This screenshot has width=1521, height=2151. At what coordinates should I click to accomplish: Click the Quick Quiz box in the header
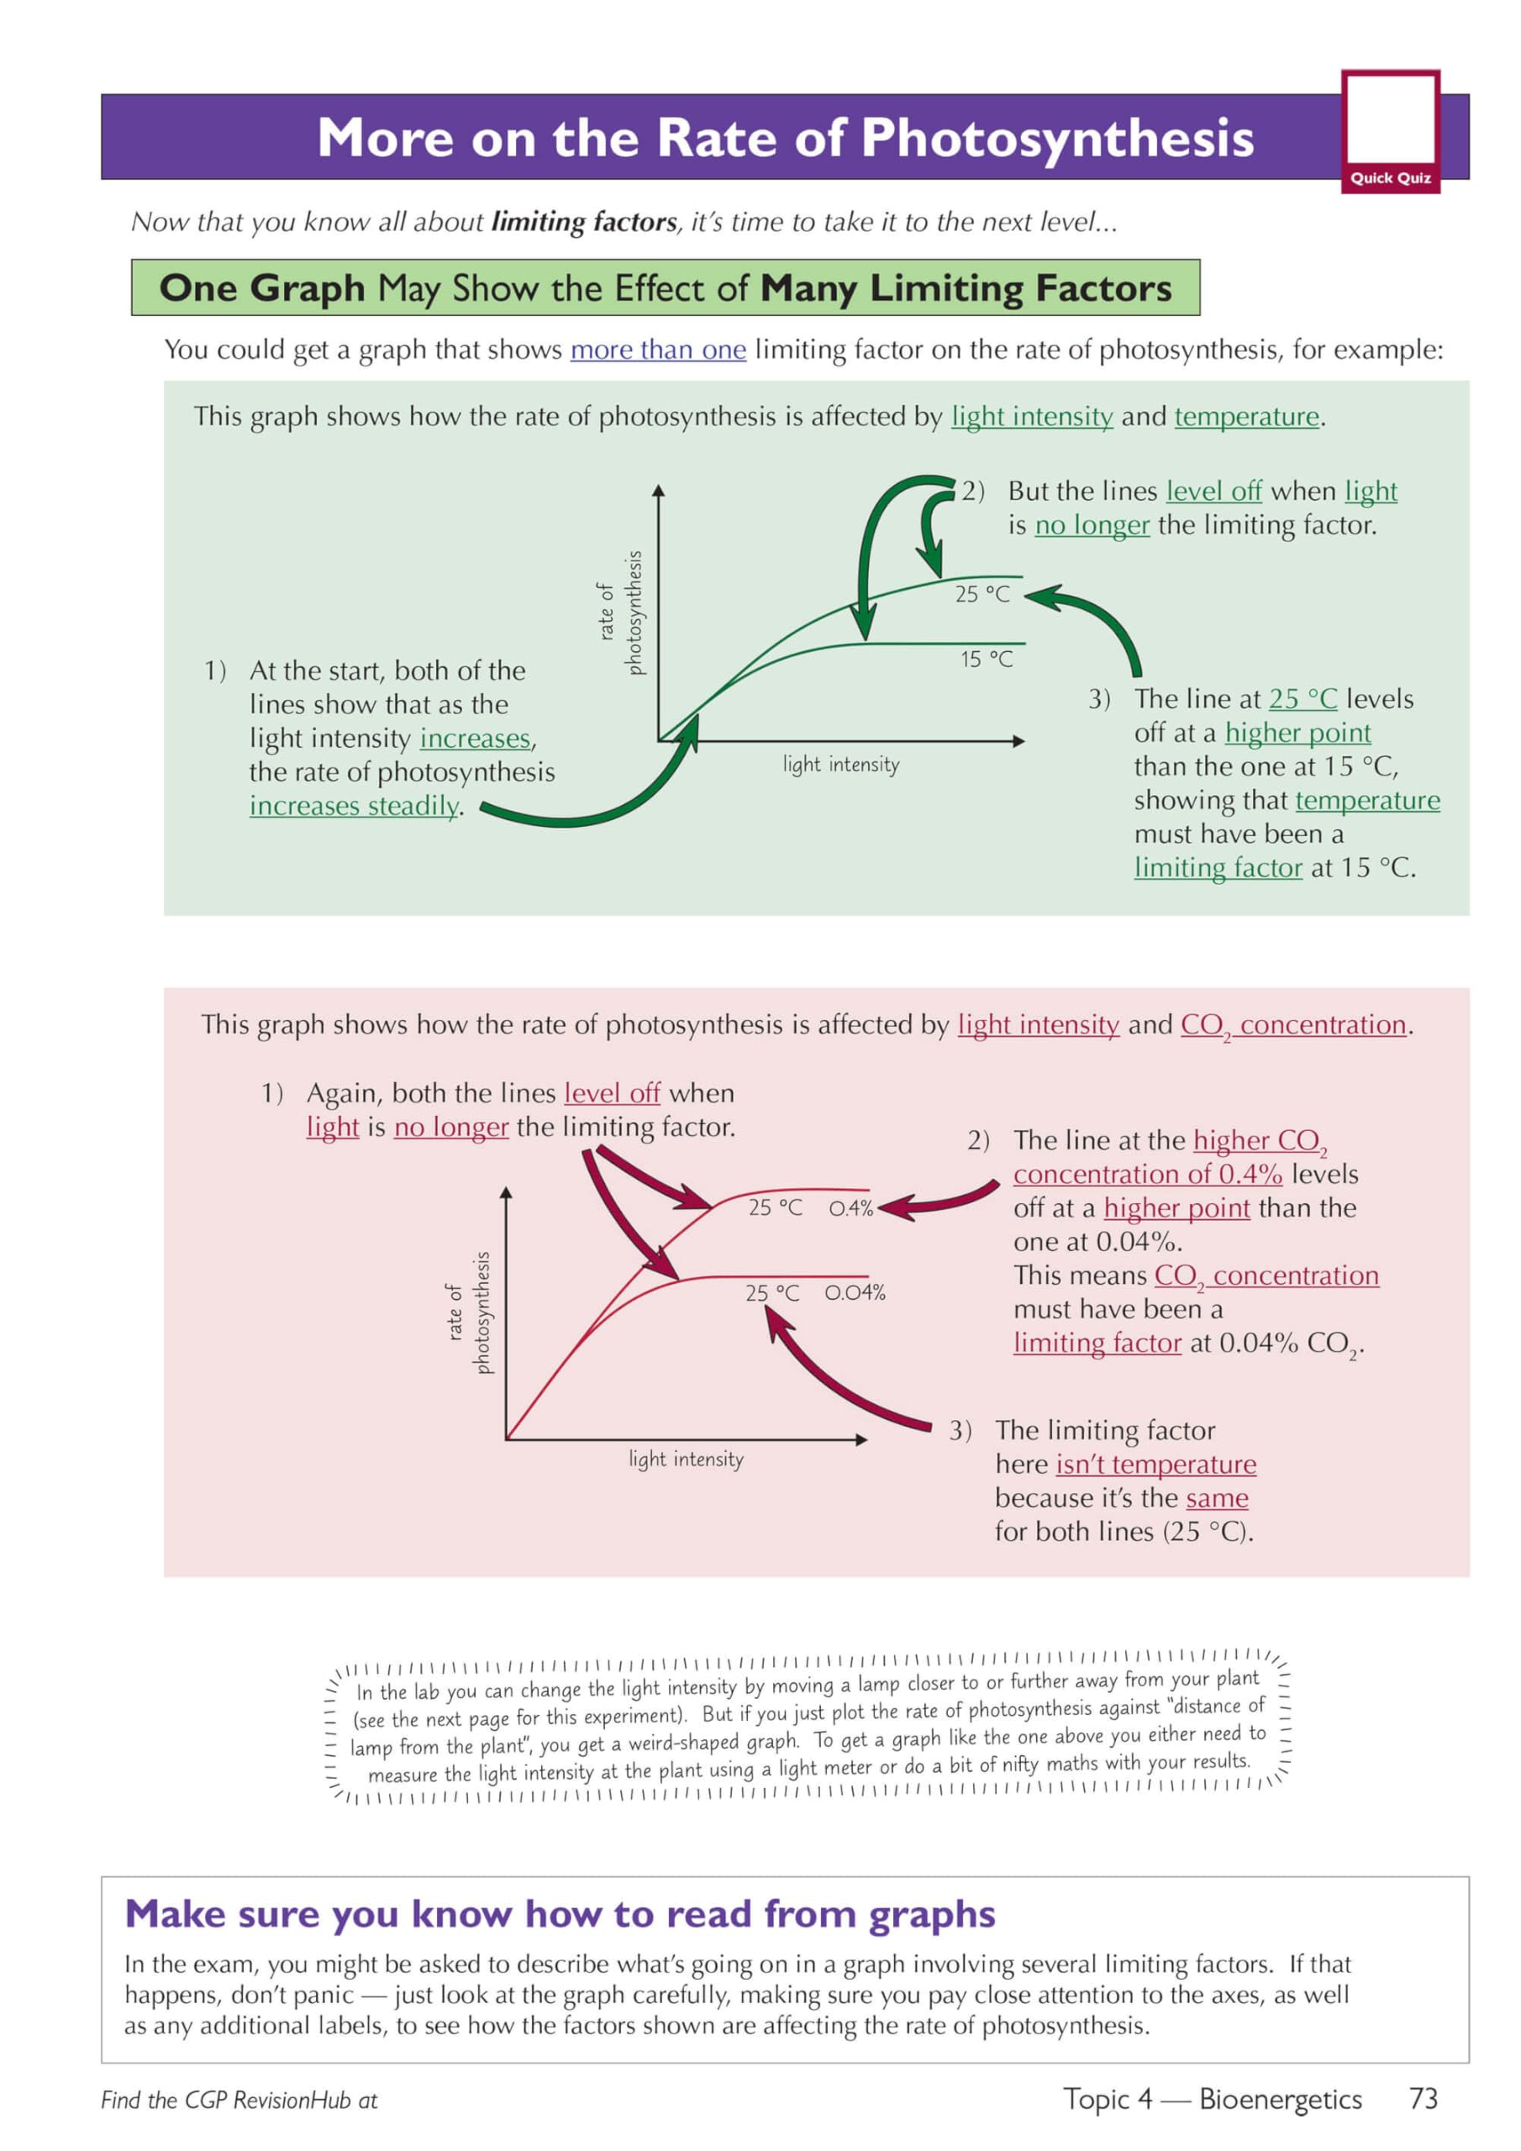pyautogui.click(x=1390, y=131)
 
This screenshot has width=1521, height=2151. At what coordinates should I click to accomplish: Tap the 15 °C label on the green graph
pyautogui.click(x=986, y=660)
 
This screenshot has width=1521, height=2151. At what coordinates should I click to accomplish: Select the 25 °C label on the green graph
pyautogui.click(x=982, y=594)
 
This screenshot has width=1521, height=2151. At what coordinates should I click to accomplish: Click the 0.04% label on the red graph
pyautogui.click(x=855, y=1293)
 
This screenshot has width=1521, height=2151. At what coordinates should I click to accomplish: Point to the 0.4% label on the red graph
pyautogui.click(x=851, y=1207)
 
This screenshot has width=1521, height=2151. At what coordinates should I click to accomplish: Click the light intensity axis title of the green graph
pyautogui.click(x=840, y=765)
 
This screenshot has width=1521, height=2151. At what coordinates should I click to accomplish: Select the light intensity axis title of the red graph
pyautogui.click(x=686, y=1459)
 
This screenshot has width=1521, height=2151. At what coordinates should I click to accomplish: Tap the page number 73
pyautogui.click(x=1423, y=2099)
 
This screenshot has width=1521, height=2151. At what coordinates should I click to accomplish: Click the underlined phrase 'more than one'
pyautogui.click(x=658, y=350)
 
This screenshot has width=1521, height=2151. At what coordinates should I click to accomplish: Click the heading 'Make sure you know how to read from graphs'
pyautogui.click(x=560, y=1914)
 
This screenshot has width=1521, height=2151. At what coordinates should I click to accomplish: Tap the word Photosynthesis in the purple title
pyautogui.click(x=1057, y=138)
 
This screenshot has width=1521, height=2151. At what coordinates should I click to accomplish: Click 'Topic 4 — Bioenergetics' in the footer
pyautogui.click(x=1212, y=2099)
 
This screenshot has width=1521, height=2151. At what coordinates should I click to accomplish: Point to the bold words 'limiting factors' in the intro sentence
pyautogui.click(x=584, y=222)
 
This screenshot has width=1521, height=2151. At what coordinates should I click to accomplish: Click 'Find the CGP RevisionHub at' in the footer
pyautogui.click(x=239, y=2101)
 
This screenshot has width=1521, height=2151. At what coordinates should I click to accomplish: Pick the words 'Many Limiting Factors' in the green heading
pyautogui.click(x=966, y=287)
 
